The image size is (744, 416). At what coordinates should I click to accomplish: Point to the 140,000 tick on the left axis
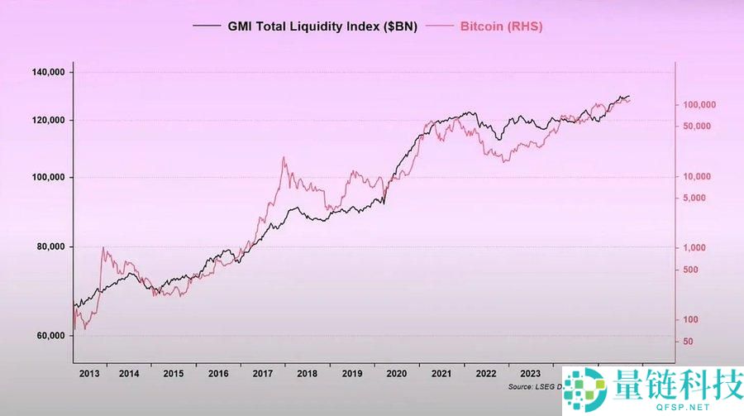pos(46,73)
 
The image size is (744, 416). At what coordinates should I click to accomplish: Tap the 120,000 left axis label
pos(46,121)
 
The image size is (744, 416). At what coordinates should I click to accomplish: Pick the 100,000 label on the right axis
pos(699,105)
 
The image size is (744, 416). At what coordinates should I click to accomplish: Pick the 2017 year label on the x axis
pos(263,374)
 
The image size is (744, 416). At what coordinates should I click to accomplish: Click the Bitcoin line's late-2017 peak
pos(284,157)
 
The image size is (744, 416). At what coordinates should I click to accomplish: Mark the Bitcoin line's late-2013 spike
pos(103,247)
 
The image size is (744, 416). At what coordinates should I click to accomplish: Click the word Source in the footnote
pos(522,386)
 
